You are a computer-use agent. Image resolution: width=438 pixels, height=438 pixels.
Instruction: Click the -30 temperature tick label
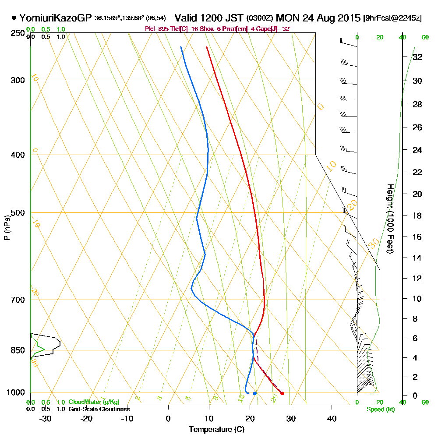46,418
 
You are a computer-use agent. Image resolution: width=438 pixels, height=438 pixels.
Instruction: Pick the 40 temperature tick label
332,418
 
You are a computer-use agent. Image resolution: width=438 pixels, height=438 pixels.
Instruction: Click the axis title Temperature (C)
216,430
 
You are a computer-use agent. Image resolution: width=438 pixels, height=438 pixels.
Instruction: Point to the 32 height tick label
417,57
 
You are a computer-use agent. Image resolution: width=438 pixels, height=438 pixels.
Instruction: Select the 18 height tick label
417,215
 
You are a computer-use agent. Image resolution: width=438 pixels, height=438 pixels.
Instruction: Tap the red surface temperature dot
282,393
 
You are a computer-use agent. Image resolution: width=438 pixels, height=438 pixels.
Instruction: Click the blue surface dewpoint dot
254,393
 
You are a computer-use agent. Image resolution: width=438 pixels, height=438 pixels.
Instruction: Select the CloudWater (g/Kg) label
94,402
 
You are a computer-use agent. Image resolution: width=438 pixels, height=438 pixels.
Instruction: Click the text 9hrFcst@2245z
392,18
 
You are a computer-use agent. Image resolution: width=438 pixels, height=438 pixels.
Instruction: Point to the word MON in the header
286,18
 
